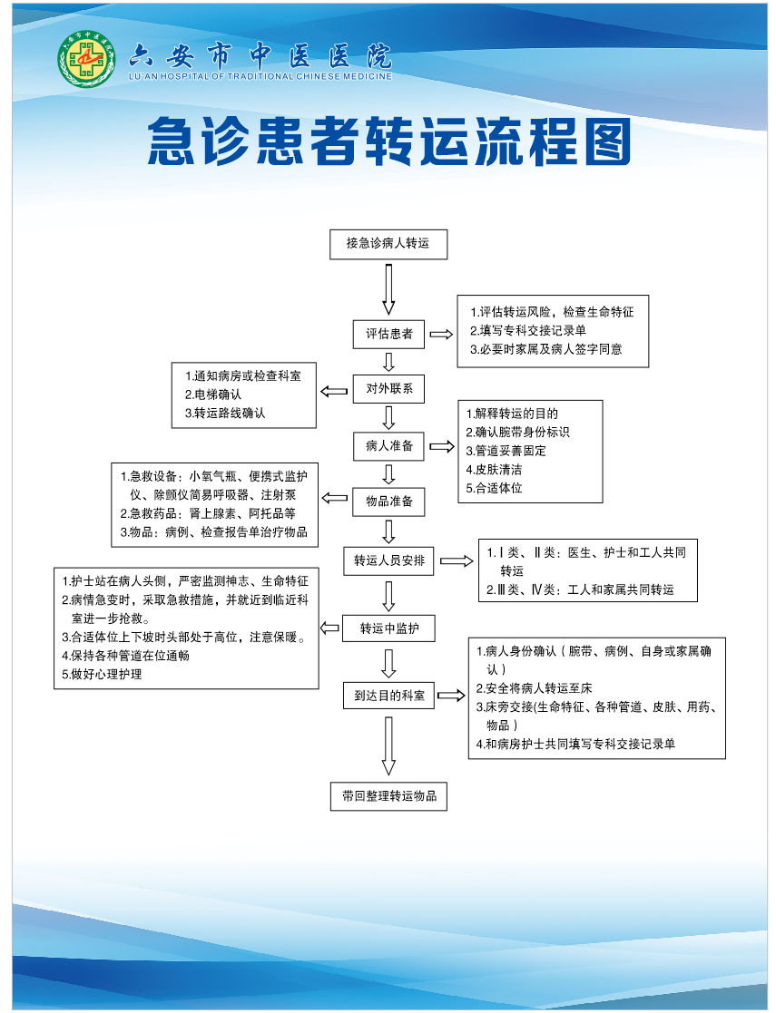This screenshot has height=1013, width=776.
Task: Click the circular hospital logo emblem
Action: click(x=86, y=60)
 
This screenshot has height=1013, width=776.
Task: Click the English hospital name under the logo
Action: click(x=260, y=76)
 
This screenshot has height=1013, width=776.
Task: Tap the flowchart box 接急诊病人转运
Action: click(x=388, y=244)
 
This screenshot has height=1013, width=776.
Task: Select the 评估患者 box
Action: click(x=388, y=334)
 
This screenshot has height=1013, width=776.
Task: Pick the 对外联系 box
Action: click(x=388, y=389)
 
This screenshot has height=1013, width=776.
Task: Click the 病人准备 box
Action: click(x=388, y=446)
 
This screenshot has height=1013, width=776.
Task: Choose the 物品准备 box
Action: click(x=388, y=502)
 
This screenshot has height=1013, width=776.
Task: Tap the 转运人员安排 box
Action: click(x=388, y=560)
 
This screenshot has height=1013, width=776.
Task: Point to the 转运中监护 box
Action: click(x=388, y=628)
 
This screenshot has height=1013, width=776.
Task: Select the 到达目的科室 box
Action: click(x=388, y=696)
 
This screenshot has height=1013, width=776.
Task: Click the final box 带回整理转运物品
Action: click(x=388, y=796)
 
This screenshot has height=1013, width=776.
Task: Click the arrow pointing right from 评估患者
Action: click(x=441, y=334)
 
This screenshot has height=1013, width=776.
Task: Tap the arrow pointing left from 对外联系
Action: click(x=334, y=391)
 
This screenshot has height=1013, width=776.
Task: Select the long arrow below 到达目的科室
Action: click(x=388, y=746)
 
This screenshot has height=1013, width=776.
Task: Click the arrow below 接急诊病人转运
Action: click(x=388, y=289)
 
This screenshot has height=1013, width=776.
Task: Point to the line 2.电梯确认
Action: click(x=213, y=394)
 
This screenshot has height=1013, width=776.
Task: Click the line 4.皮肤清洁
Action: click(x=494, y=470)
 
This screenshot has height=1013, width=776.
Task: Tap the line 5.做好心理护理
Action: click(x=103, y=675)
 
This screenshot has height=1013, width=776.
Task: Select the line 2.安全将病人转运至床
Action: click(x=535, y=688)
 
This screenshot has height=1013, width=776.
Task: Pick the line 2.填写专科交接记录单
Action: click(x=528, y=331)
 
